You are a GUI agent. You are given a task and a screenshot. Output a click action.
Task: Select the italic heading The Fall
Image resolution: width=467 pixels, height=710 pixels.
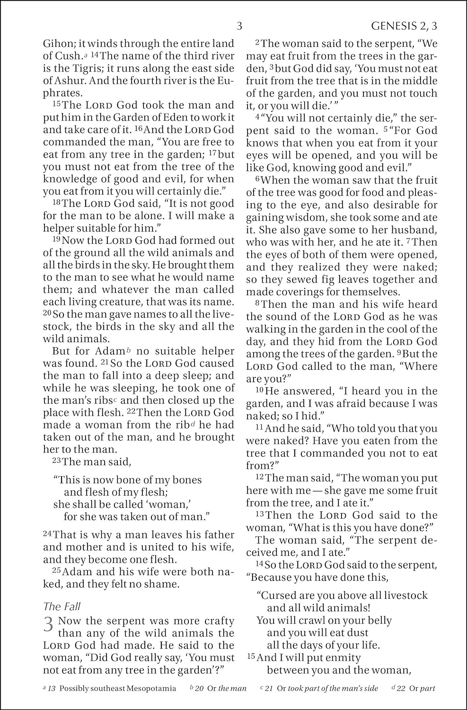click(x=59, y=607)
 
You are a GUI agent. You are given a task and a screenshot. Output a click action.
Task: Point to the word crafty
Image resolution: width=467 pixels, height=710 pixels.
click(x=219, y=621)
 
